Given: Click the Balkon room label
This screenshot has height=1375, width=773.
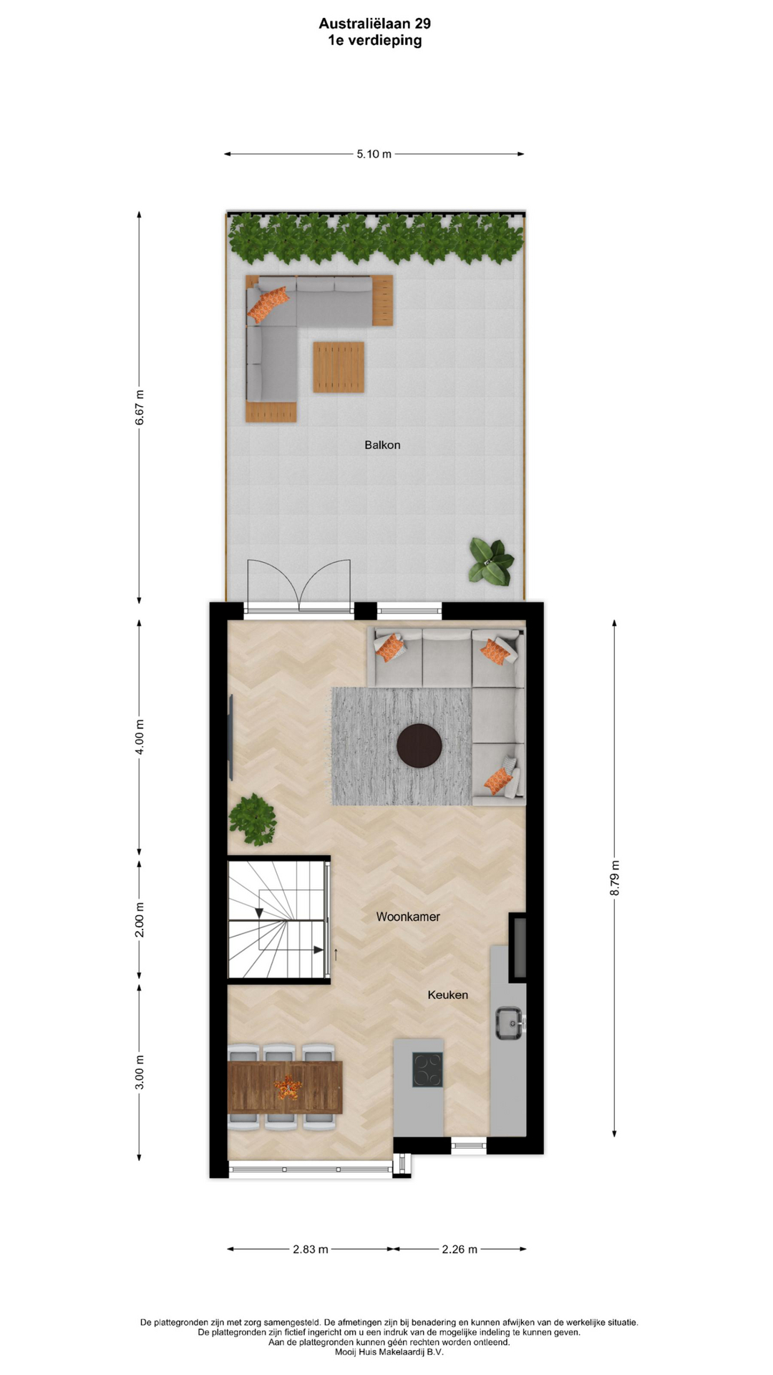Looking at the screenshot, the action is [x=382, y=445].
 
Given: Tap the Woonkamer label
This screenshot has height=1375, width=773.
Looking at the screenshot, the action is [x=408, y=917].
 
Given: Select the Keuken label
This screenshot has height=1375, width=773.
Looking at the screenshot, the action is [x=448, y=995].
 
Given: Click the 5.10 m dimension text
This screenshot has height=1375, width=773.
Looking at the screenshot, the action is [x=374, y=154].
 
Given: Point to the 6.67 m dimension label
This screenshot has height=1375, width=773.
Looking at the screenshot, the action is [x=140, y=407].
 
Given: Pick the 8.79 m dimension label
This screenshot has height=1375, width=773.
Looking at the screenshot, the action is [x=615, y=877].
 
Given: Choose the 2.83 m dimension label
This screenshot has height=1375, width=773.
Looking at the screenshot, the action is [x=311, y=1249].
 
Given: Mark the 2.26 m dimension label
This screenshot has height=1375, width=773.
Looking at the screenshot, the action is [x=460, y=1249].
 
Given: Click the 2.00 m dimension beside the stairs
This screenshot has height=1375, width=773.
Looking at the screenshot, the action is [x=140, y=920].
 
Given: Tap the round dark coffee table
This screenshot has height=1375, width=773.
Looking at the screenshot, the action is [x=419, y=746].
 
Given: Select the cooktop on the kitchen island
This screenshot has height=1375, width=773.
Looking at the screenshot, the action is [x=427, y=1070].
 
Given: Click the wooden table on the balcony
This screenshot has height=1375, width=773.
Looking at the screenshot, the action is [x=339, y=367].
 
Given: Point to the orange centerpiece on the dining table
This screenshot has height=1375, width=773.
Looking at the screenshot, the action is [x=288, y=1087].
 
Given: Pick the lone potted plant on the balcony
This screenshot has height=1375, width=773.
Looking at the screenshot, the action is [x=491, y=561].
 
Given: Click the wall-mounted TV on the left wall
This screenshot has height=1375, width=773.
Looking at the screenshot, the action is [x=230, y=738].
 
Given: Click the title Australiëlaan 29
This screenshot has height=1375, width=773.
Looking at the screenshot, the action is [x=375, y=24].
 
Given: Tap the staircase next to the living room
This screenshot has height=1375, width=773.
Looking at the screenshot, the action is [x=278, y=920].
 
